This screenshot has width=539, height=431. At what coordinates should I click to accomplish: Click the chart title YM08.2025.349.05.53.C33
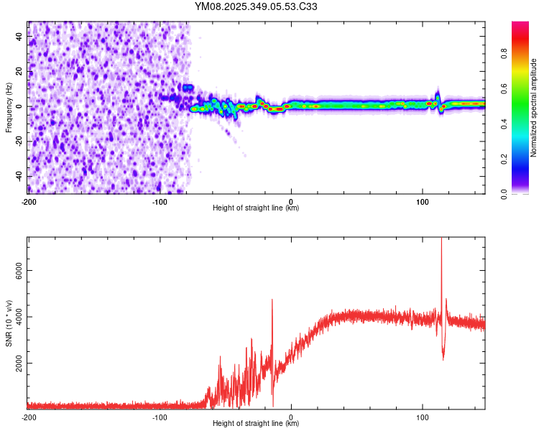pyautogui.click(x=257, y=6)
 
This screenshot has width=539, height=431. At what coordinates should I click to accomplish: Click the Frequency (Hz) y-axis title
pyautogui.click(x=9, y=107)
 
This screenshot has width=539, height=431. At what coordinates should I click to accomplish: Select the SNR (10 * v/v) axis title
pyautogui.click(x=9, y=323)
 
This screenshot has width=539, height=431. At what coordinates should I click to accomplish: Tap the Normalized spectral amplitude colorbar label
pyautogui.click(x=534, y=107)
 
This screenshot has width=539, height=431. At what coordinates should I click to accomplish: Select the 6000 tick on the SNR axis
pyautogui.click(x=16, y=270)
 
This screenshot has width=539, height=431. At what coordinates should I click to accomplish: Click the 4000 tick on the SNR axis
pyautogui.click(x=16, y=317)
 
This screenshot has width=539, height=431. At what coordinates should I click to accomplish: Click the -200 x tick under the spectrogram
pyautogui.click(x=29, y=201)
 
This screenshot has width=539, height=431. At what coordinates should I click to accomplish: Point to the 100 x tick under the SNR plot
pyautogui.click(x=422, y=417)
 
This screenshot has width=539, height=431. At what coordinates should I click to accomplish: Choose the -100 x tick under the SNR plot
pyautogui.click(x=160, y=417)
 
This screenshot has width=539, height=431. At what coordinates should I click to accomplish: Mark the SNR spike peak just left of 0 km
pyautogui.click(x=272, y=300)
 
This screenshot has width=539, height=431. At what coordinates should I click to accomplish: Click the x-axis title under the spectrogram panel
pyautogui.click(x=256, y=208)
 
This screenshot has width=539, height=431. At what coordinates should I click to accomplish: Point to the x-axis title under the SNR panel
pyautogui.click(x=256, y=424)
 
